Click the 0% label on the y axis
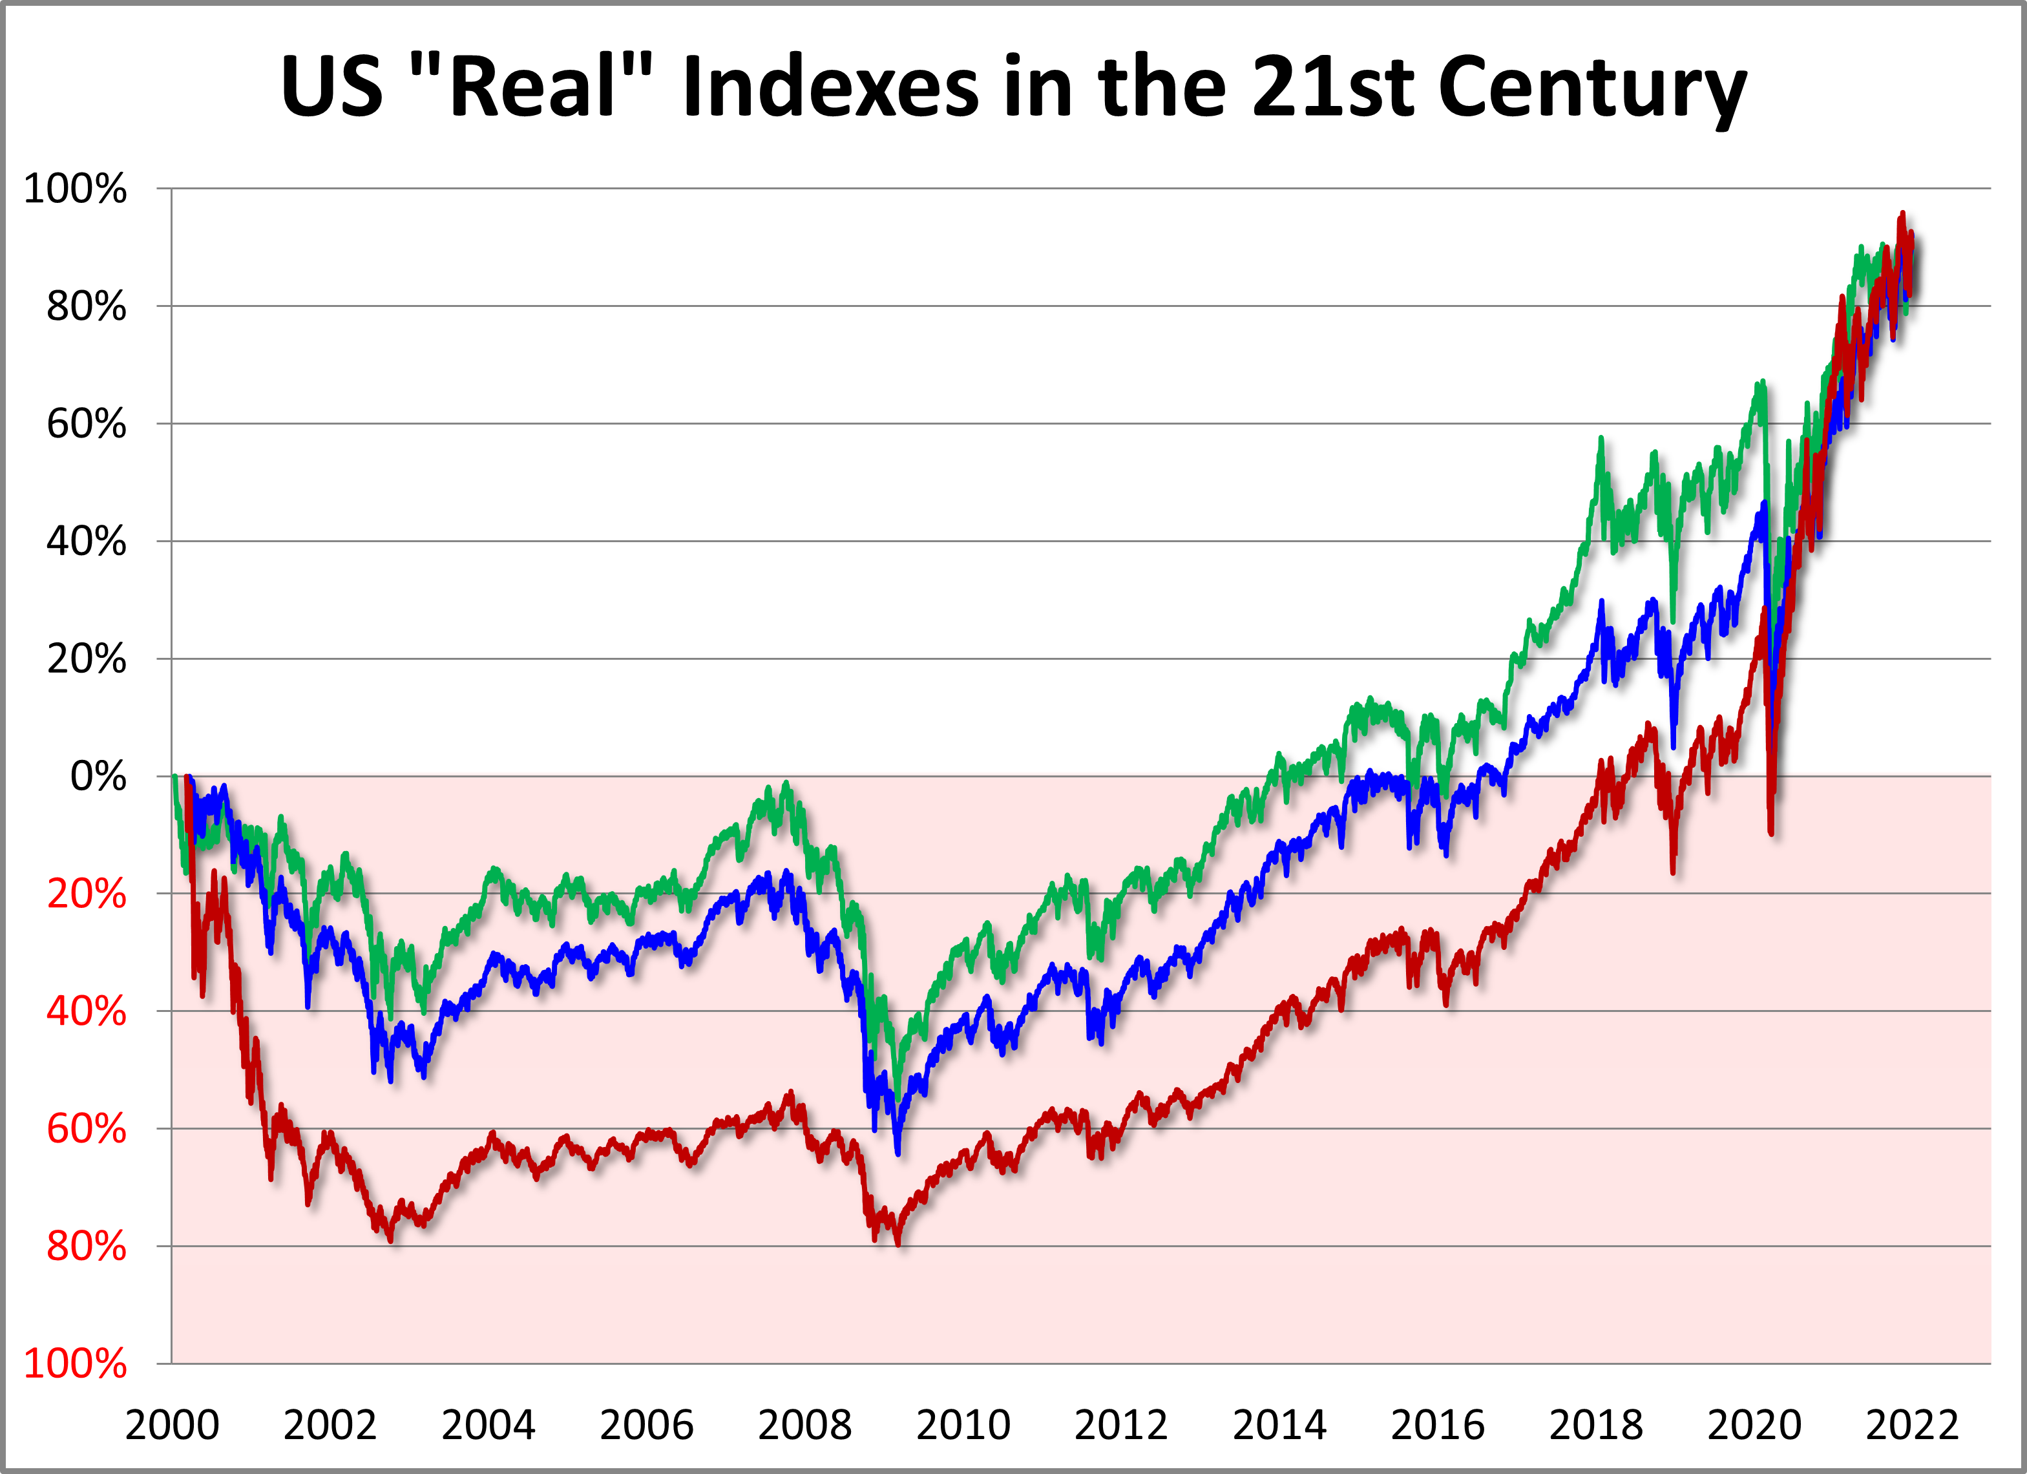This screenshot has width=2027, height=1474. click(x=98, y=776)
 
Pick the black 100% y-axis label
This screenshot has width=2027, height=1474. click(x=75, y=189)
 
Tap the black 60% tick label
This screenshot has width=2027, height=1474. click(x=87, y=424)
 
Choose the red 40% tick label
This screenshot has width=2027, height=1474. click(x=87, y=1011)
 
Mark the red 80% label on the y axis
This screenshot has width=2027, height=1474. click(x=87, y=1246)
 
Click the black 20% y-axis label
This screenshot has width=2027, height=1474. click(x=87, y=658)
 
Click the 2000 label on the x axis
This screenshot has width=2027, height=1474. click(x=172, y=1424)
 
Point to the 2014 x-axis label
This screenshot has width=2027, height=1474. click(x=1279, y=1424)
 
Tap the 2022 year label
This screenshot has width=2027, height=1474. click(x=1912, y=1424)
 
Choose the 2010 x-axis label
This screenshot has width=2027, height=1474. click(x=963, y=1424)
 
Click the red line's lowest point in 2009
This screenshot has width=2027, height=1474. click(x=898, y=1243)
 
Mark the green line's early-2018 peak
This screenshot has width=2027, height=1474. click(x=1601, y=439)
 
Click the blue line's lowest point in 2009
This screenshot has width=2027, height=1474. click(x=898, y=1153)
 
